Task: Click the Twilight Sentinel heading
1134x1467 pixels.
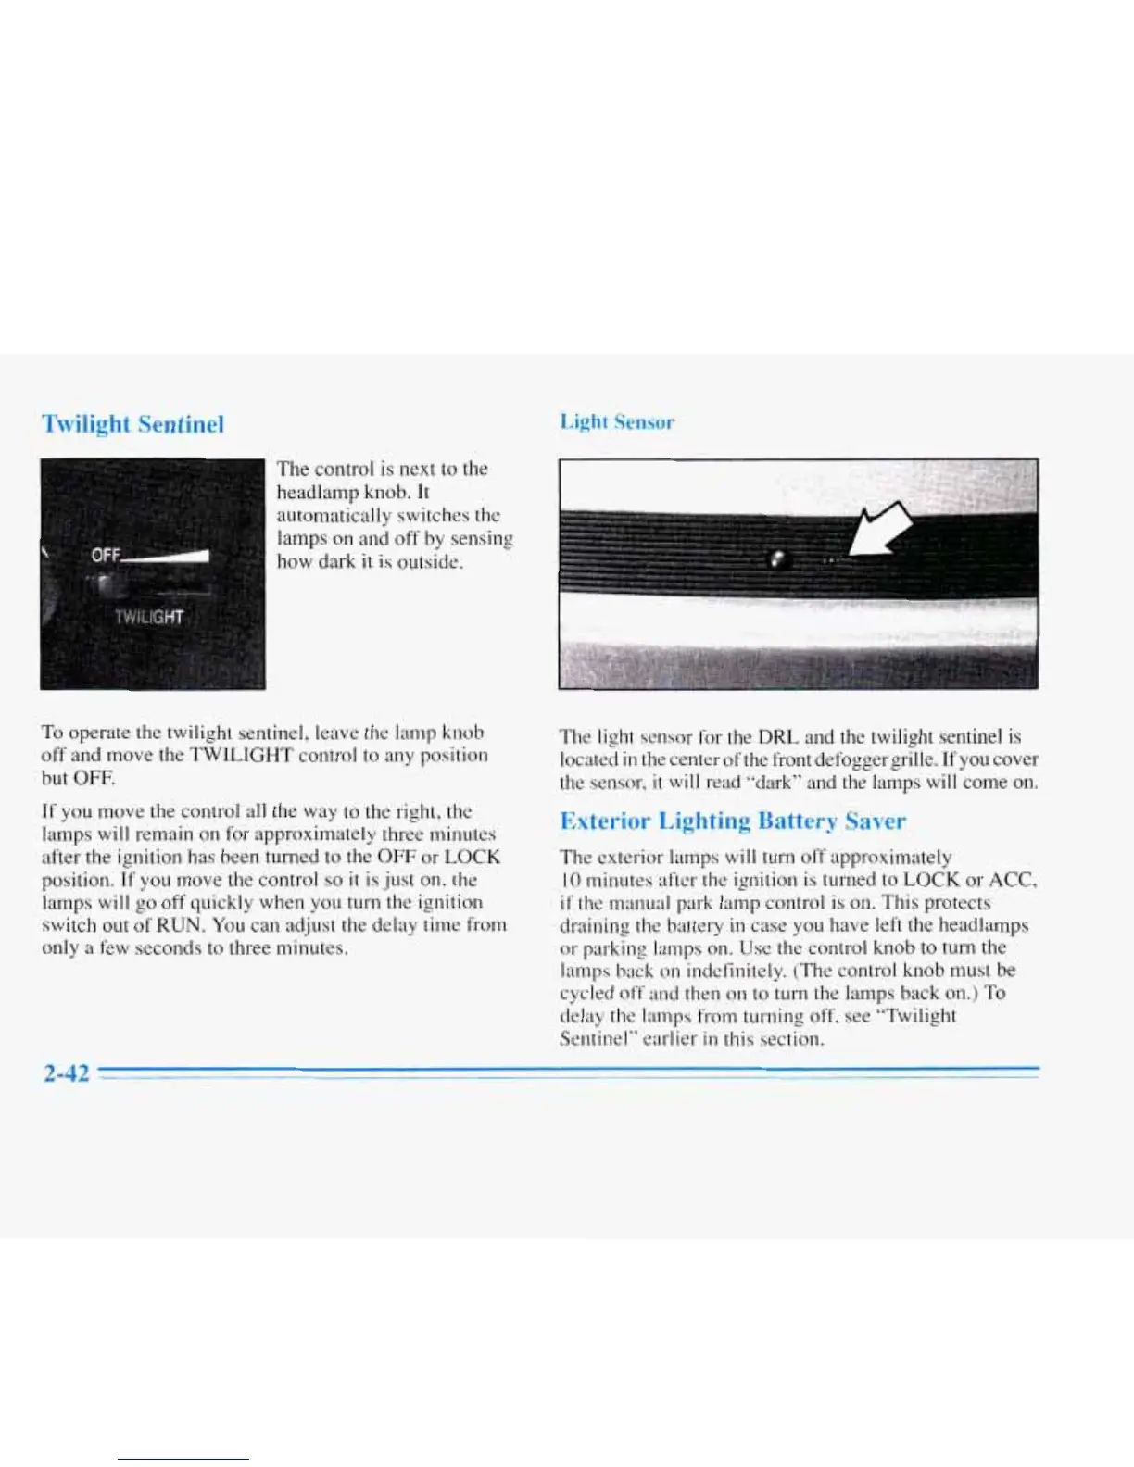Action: pos(132,424)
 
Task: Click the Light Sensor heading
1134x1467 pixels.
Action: pos(617,422)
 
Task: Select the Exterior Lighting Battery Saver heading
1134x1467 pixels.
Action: pos(733,821)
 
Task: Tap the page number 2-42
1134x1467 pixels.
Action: pos(66,1072)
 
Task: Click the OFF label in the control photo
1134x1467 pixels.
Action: pos(106,556)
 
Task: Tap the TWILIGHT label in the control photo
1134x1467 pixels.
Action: pos(148,618)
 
